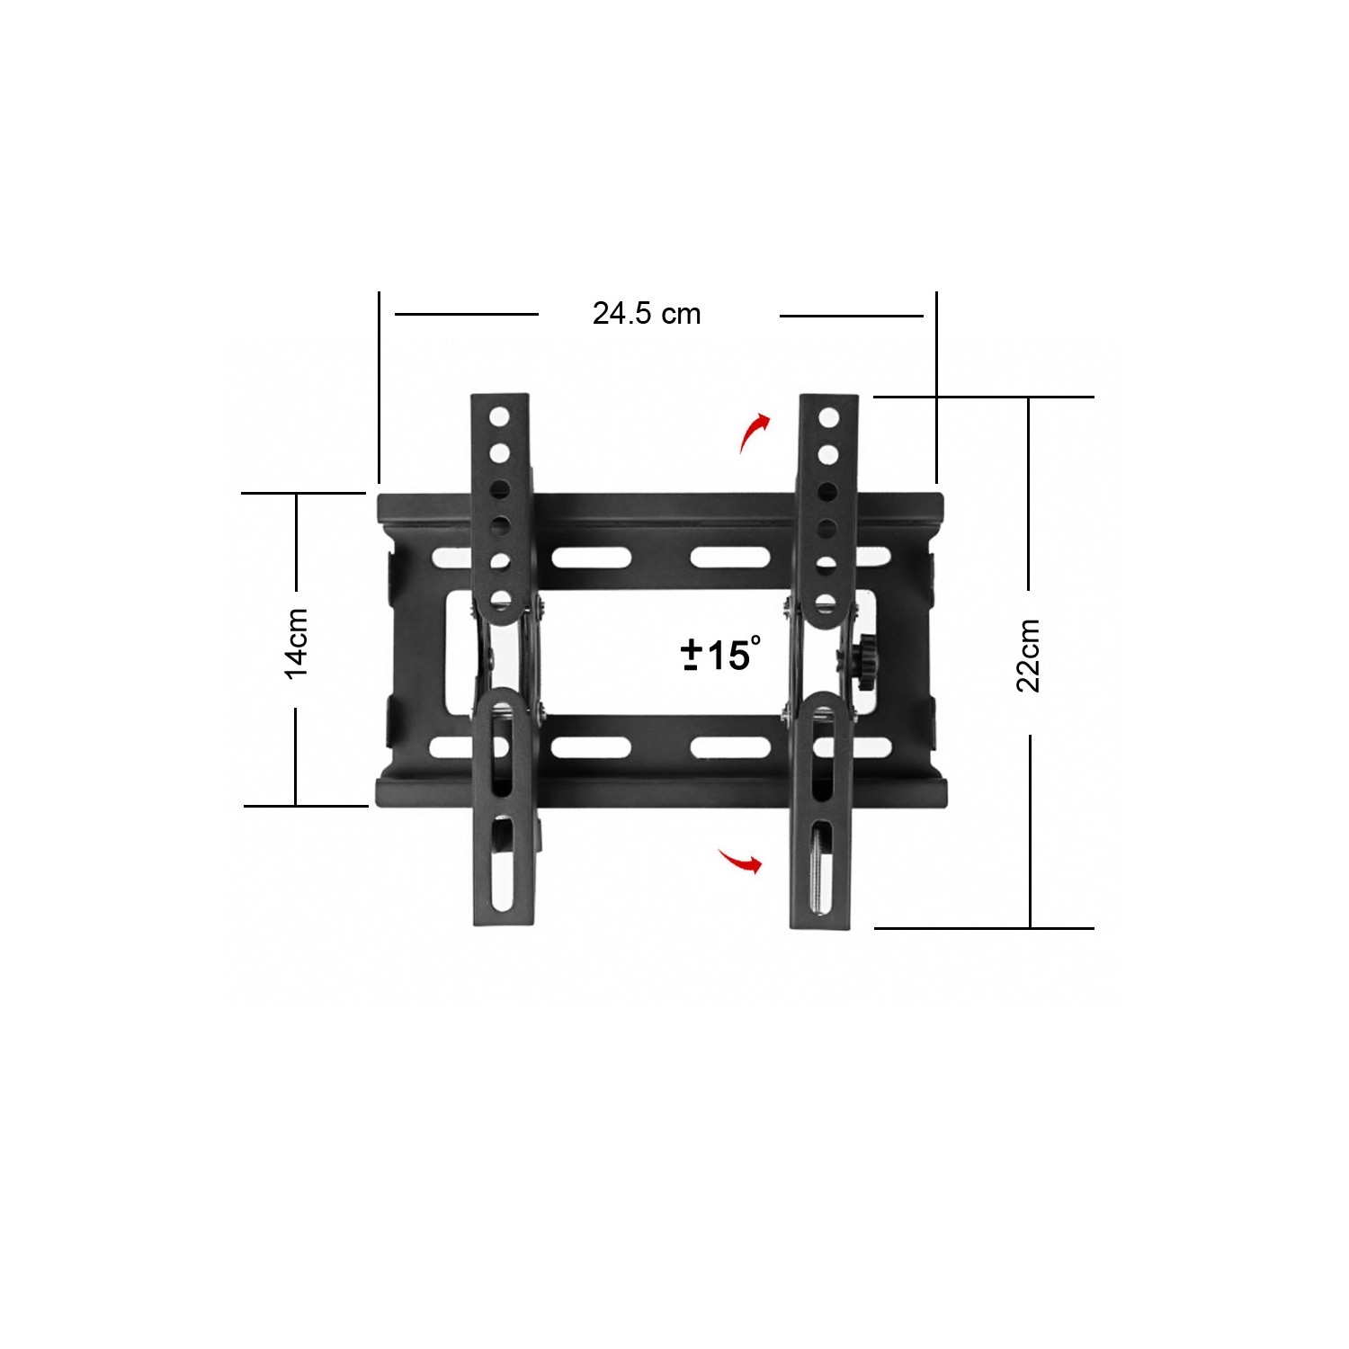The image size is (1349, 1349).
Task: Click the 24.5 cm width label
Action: pyautogui.click(x=646, y=314)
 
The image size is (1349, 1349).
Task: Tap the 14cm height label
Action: pyautogui.click(x=297, y=644)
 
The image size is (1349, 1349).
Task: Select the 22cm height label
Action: pyautogui.click(x=1028, y=656)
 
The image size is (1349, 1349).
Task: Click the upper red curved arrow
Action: pyautogui.click(x=752, y=433)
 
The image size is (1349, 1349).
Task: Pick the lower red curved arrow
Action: pyautogui.click(x=741, y=860)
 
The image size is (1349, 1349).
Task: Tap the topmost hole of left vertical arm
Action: pyautogui.click(x=499, y=416)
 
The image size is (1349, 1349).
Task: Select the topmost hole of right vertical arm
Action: pyautogui.click(x=828, y=417)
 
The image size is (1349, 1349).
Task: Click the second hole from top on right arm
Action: pyautogui.click(x=828, y=455)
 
